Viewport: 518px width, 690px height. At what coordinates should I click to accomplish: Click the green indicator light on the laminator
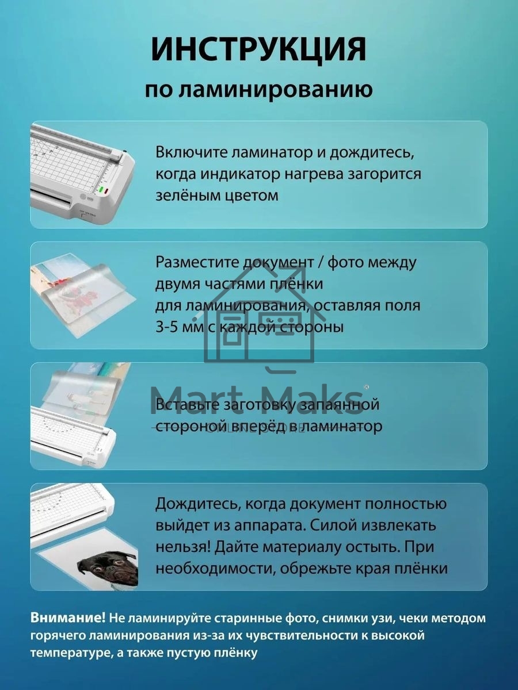(101, 190)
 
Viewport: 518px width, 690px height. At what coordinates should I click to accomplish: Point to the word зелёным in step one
(184, 195)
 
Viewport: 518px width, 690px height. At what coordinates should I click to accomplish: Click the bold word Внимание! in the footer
(68, 618)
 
